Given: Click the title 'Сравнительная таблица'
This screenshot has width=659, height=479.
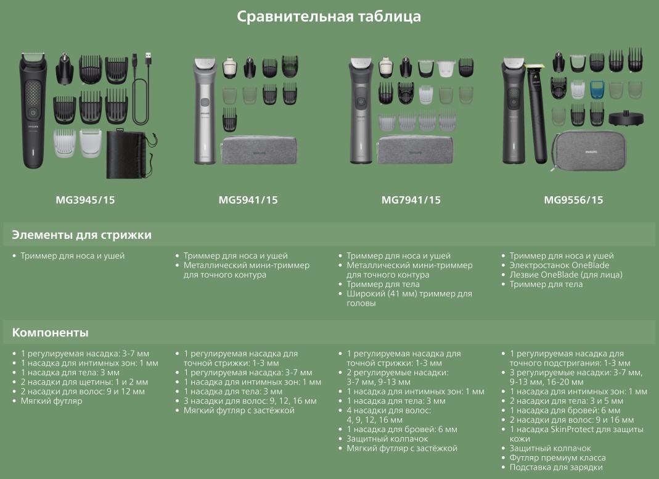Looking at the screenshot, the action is [x=329, y=17].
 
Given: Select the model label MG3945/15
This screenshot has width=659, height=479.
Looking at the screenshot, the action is [x=85, y=200].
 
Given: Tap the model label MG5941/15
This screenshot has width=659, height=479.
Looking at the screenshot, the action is [x=248, y=200].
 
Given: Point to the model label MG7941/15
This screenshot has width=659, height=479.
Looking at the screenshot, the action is [x=411, y=200].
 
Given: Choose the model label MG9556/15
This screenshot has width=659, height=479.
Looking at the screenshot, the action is [x=574, y=200].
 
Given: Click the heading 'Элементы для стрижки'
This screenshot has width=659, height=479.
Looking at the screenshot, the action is [x=81, y=235].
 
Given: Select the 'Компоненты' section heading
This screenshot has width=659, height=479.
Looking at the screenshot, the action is [x=50, y=333].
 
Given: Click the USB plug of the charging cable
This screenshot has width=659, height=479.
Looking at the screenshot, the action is [x=147, y=58].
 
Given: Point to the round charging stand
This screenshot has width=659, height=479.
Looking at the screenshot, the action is [x=626, y=119].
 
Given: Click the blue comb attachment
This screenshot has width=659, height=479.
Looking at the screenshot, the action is [x=597, y=90].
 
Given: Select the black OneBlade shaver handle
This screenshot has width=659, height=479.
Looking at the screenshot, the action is [x=537, y=114].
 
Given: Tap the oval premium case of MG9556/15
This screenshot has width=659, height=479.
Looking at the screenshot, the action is [x=589, y=151].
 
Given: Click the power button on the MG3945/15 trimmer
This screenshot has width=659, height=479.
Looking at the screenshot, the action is [x=33, y=112].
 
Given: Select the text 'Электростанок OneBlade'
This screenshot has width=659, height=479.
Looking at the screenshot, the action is [x=559, y=265].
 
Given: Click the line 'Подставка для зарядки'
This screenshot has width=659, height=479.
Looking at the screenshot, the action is [x=556, y=467].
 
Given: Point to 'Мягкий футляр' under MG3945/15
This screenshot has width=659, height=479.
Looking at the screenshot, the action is [x=52, y=401].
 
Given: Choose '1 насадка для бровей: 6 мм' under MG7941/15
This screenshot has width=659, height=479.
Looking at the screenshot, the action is [x=402, y=430].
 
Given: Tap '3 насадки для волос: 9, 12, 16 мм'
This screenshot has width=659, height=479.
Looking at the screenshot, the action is [x=250, y=401].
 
